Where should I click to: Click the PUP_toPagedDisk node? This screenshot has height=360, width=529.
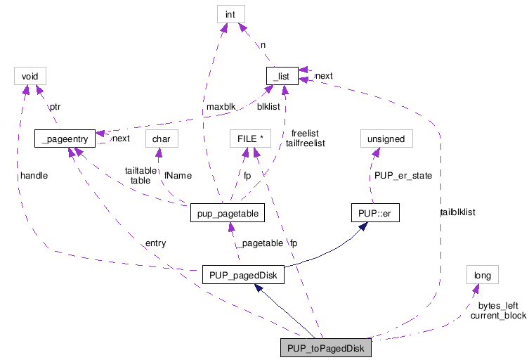pos(325,347)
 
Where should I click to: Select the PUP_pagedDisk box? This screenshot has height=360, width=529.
pos(242,275)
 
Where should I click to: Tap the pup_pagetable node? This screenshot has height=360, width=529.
pos(226,212)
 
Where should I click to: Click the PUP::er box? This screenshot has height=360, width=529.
pos(374,212)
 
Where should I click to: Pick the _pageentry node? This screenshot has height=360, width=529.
pos(64,139)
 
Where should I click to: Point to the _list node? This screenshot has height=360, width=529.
pos(282,75)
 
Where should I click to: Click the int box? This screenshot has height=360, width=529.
pos(230,13)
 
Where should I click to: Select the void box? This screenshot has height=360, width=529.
pos(30,75)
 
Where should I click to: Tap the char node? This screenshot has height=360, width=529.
pos(162,139)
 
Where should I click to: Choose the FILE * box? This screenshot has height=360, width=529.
pos(250,139)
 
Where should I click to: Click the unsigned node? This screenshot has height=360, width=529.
pos(386,139)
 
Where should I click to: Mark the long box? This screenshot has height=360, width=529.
pos(482,275)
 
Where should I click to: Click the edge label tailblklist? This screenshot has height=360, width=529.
pos(457,211)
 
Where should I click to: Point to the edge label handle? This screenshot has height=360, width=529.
pos(34,176)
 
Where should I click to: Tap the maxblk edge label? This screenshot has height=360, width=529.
pos(220,107)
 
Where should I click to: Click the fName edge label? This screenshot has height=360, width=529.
pos(178,175)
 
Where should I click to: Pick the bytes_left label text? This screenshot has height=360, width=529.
pos(498,306)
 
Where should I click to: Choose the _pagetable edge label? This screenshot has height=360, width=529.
pos(259,243)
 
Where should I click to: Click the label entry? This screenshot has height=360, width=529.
pos(155,243)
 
